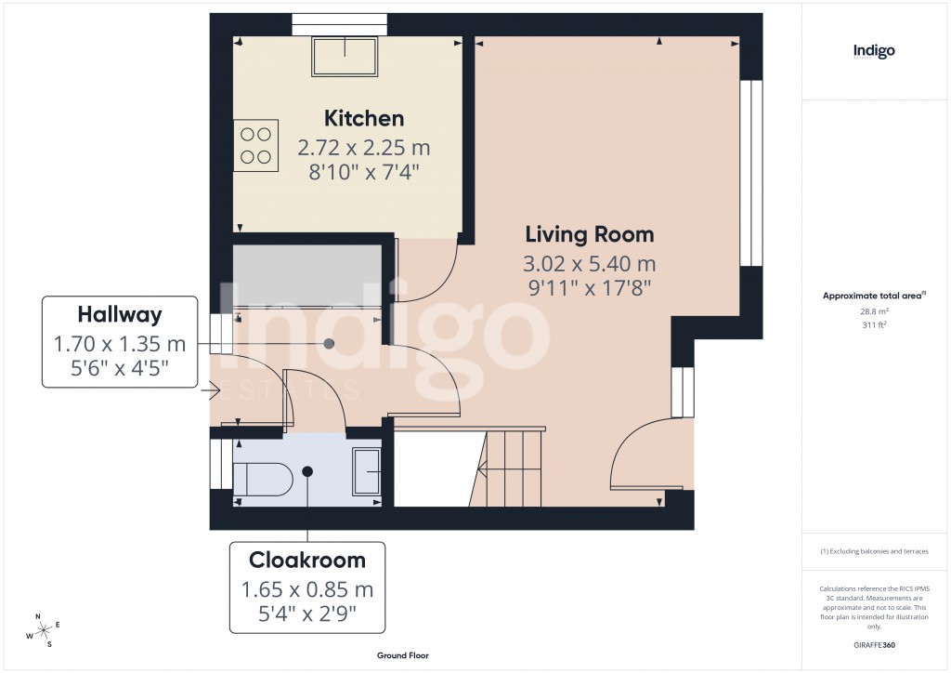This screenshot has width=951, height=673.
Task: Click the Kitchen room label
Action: click(x=363, y=119)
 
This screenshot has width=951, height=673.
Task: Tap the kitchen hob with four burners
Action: click(x=256, y=146)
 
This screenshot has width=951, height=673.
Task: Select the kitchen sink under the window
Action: click(x=345, y=58)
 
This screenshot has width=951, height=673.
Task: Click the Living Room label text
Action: click(x=590, y=234)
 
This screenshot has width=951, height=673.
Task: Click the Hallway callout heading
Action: click(x=120, y=313)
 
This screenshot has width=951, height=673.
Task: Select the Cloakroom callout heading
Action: click(x=306, y=561)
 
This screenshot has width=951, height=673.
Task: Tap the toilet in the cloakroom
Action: click(x=262, y=480)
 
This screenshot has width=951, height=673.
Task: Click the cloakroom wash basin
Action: click(x=366, y=471)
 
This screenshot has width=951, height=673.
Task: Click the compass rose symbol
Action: click(x=44, y=630)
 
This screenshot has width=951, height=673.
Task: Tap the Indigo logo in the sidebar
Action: click(x=874, y=52)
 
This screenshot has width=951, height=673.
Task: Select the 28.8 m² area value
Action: click(x=874, y=313)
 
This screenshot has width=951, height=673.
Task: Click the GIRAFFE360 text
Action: click(x=874, y=644)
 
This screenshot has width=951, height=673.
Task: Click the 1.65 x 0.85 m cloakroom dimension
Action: click(x=306, y=589)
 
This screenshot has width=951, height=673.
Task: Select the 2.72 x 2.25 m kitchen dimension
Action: click(x=363, y=148)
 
